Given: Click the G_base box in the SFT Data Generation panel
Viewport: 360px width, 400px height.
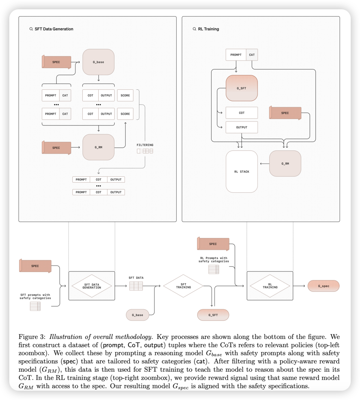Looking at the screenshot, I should [x=98, y=62].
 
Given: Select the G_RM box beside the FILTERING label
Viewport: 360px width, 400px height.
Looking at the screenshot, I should [x=98, y=147].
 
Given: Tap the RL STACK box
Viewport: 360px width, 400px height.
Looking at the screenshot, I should [x=242, y=171].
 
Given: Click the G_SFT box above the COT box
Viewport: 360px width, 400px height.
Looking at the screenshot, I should [x=242, y=88].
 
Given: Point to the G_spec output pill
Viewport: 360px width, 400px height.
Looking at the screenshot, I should [x=323, y=286].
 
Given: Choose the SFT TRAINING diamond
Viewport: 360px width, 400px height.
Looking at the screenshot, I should [x=183, y=286].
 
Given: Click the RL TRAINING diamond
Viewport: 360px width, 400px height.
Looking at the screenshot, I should [x=270, y=286].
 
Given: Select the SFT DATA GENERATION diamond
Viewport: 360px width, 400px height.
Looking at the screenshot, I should [x=92, y=286].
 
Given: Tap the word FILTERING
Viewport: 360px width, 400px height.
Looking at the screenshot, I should [x=145, y=145].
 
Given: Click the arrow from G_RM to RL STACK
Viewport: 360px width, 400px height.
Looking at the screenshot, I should [x=264, y=163].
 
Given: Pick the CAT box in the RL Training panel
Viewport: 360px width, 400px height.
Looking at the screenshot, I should [x=252, y=55].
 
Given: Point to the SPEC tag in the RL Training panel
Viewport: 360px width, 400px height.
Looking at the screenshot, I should [x=285, y=113].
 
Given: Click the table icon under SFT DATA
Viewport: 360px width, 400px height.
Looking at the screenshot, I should [x=136, y=286].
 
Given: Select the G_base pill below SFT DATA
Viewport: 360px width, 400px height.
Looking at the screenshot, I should [x=137, y=315].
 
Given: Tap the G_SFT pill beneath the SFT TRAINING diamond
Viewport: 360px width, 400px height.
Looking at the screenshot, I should [x=213, y=315].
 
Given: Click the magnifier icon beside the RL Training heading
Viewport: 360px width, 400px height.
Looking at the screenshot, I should [x=194, y=29].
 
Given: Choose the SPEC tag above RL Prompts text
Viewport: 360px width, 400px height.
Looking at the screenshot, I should [x=213, y=244].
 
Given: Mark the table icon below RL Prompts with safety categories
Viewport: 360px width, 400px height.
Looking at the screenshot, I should [x=214, y=269].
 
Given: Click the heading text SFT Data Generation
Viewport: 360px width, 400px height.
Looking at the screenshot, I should [x=54, y=29].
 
